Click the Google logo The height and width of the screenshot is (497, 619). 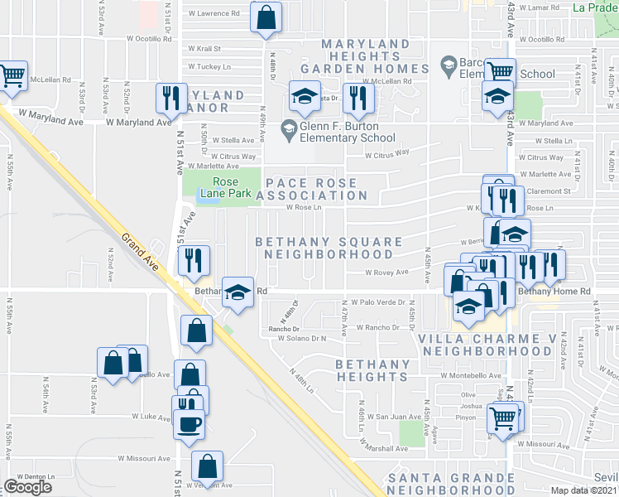click(x=27, y=487)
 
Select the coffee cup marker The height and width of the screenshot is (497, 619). click(x=189, y=424)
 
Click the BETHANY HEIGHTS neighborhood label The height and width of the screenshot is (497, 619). click(x=372, y=370)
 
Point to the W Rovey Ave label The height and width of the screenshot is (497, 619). click(x=387, y=272)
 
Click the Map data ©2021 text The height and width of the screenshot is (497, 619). click(x=584, y=490)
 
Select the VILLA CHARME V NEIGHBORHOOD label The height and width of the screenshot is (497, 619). click(x=474, y=345)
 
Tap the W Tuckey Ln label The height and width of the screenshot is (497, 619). click(x=209, y=66)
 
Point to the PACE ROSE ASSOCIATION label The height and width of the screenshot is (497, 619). click(x=315, y=189)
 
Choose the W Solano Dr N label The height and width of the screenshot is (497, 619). click(x=302, y=338)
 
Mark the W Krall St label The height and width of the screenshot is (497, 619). click(x=204, y=48)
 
